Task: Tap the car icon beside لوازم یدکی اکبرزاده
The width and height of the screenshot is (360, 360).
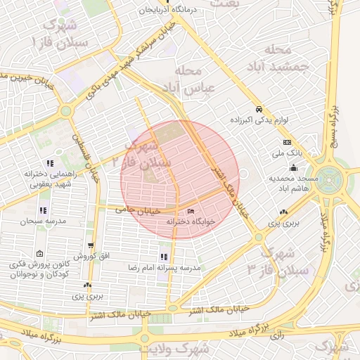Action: click(x=259, y=110)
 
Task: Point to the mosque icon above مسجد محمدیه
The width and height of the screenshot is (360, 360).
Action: click(x=292, y=167)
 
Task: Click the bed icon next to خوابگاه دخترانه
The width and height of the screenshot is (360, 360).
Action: click(x=191, y=212)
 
